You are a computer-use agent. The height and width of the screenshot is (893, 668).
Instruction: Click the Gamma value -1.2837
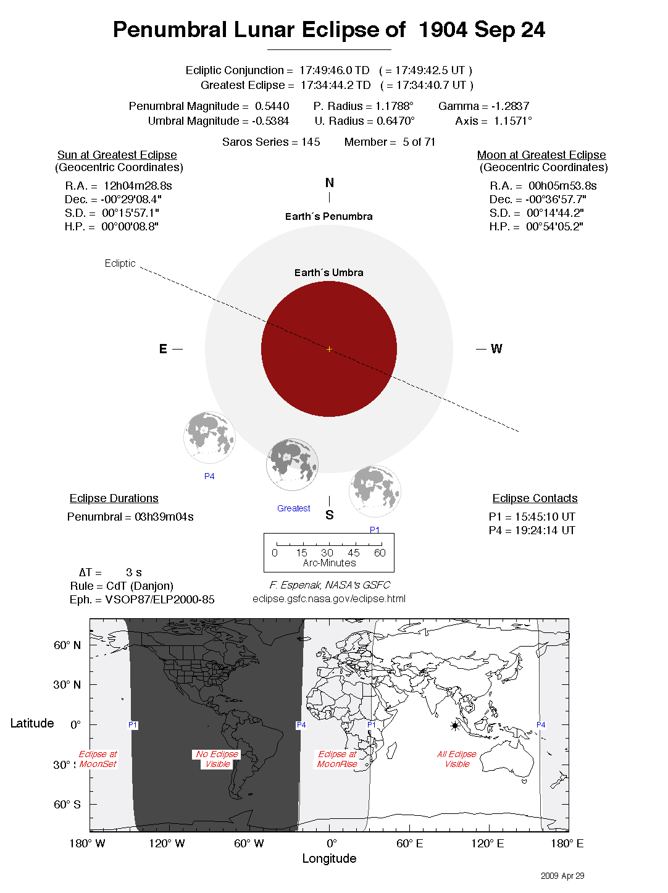[x=510, y=106]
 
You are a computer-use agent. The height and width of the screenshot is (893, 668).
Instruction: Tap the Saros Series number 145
[x=311, y=142]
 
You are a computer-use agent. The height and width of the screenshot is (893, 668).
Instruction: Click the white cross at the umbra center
[x=329, y=349]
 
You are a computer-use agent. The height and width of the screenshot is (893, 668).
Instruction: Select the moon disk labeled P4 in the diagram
[x=209, y=438]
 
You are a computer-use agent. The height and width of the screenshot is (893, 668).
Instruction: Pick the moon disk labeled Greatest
[x=292, y=464]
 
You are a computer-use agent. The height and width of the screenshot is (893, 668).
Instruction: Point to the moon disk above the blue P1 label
[x=375, y=491]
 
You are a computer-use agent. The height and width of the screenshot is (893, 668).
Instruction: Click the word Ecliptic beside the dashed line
[x=120, y=263]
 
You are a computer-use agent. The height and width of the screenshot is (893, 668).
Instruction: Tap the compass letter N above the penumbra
[x=329, y=183]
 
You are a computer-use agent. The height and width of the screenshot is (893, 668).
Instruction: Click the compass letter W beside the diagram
[x=496, y=349]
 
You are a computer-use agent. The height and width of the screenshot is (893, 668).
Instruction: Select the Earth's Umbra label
[x=328, y=272]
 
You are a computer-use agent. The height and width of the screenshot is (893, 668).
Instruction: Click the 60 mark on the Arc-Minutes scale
[x=380, y=553]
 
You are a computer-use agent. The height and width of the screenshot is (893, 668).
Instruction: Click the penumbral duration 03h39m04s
[x=164, y=517]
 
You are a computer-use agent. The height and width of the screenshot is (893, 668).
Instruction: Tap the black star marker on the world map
[x=455, y=726]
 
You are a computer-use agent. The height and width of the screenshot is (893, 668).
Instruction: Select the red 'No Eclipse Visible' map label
[x=217, y=759]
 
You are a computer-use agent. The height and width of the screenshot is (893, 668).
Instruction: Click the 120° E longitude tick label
[x=488, y=844]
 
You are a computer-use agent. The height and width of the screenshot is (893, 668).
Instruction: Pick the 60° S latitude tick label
[x=67, y=805]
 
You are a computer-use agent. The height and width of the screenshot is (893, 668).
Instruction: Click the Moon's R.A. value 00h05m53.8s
[x=562, y=186]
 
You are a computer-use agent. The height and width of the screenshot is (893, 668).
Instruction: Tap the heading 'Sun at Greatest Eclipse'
[x=117, y=155]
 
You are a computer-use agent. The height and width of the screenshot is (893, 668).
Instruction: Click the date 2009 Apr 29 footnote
[x=562, y=876]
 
